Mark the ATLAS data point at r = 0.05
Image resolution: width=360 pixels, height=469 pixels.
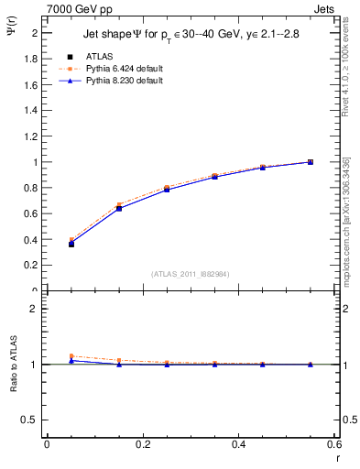point(71,244)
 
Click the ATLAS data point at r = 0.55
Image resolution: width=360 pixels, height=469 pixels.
point(311,162)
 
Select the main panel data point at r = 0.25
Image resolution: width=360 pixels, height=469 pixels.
point(167,189)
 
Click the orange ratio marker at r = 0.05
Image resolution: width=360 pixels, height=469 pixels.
point(71,356)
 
